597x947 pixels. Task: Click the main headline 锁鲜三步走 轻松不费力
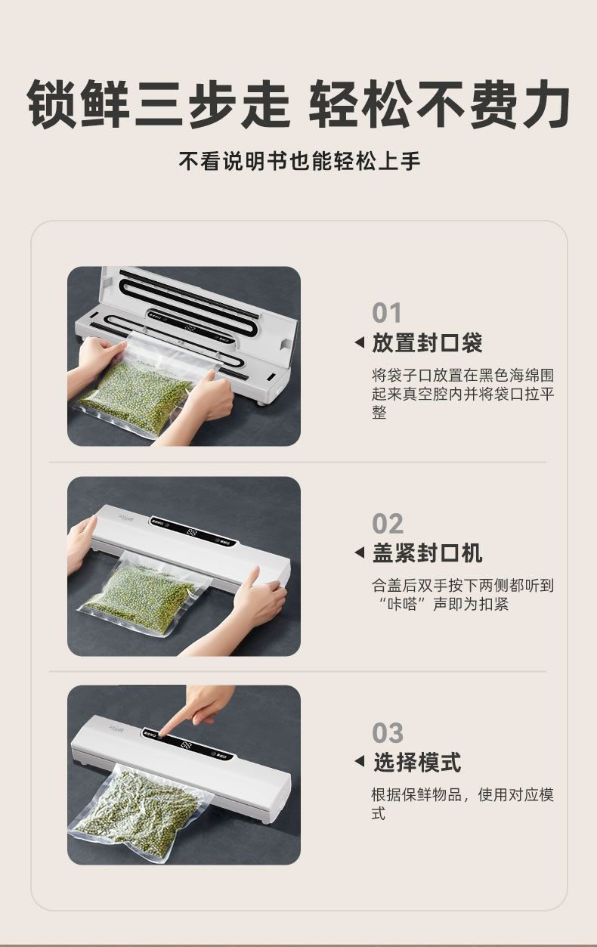coord(298,103)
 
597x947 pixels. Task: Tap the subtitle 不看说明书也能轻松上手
coord(299,161)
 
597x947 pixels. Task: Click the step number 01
coord(386,313)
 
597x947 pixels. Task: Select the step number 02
coord(387,524)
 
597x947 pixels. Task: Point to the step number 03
coord(387,732)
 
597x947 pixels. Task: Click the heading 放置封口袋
coord(427,343)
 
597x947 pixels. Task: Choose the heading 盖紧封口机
coord(427,553)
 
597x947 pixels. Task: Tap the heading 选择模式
coord(416,762)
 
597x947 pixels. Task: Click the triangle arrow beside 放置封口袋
coord(360,343)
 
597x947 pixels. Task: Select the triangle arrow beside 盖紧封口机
coord(360,552)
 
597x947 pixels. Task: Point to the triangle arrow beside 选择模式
coord(360,761)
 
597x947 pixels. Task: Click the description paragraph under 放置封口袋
coord(462,394)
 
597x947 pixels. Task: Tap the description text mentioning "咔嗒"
coord(462,595)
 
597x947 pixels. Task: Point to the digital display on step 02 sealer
coord(192,532)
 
